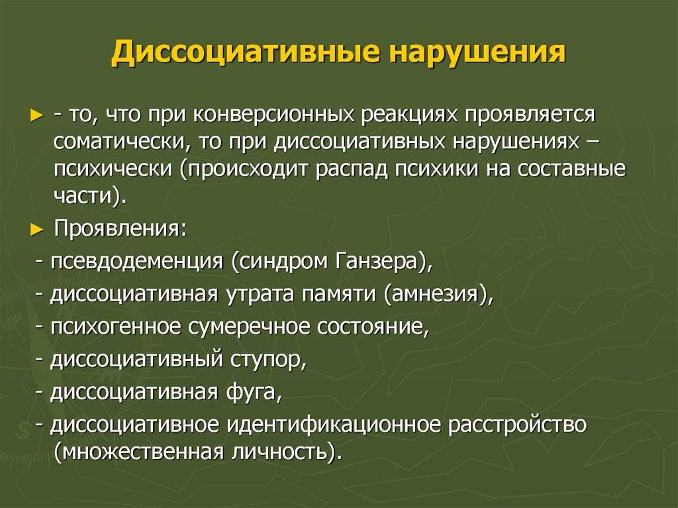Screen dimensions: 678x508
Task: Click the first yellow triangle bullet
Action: (x=38, y=116)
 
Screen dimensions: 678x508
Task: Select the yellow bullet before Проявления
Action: (x=38, y=230)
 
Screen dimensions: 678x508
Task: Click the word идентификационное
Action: (x=334, y=425)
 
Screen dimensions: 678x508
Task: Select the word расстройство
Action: (x=517, y=425)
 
